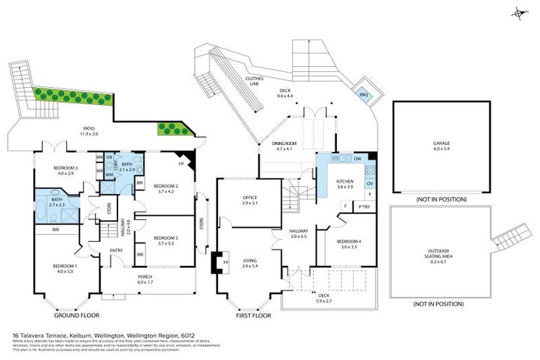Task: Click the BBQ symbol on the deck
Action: [364, 94]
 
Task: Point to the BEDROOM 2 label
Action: [167, 187]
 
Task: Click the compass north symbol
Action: [520, 13]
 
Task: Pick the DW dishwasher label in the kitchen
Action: [357, 159]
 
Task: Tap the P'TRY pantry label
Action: [364, 207]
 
